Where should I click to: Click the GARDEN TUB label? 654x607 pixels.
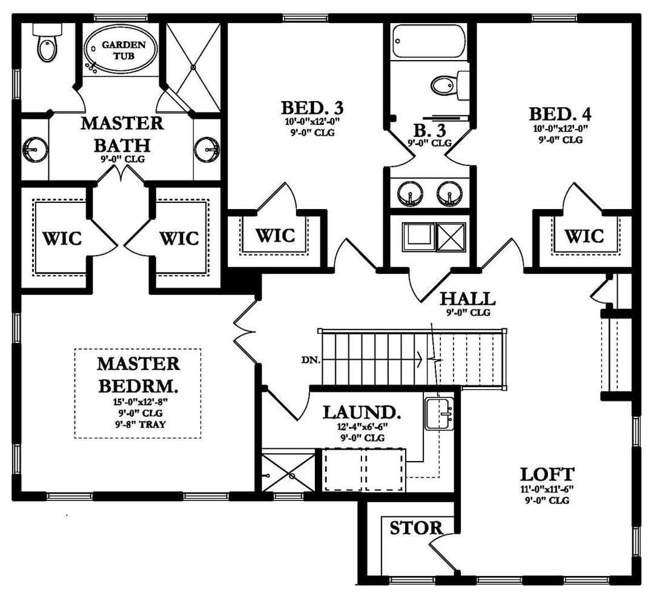[124, 50]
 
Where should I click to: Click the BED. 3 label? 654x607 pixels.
[312, 108]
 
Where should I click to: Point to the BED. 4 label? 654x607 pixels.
[560, 114]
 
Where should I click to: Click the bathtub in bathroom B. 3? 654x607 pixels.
[429, 42]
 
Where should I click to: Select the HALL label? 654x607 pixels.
[468, 299]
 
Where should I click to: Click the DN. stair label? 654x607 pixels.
[311, 360]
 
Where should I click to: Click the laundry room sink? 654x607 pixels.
[440, 413]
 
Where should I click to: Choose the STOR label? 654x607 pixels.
[416, 528]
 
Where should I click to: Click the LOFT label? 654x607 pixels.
[547, 475]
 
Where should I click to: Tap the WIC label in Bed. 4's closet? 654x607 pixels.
[584, 236]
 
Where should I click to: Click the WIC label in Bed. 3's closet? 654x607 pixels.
[276, 236]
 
